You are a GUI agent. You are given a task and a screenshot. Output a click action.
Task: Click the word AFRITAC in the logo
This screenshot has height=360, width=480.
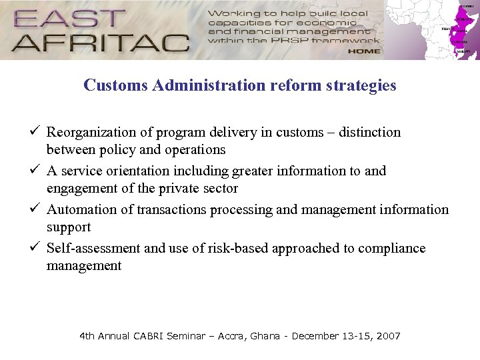tap(100, 42)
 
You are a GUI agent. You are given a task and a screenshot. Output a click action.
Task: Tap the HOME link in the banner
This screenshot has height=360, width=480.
tap(363, 51)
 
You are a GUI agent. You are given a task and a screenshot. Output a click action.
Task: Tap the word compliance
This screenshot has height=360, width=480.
tap(391, 248)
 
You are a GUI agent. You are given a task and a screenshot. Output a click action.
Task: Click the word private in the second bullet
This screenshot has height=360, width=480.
tap(179, 188)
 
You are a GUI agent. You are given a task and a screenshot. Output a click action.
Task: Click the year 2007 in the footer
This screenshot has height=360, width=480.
tap(389, 336)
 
